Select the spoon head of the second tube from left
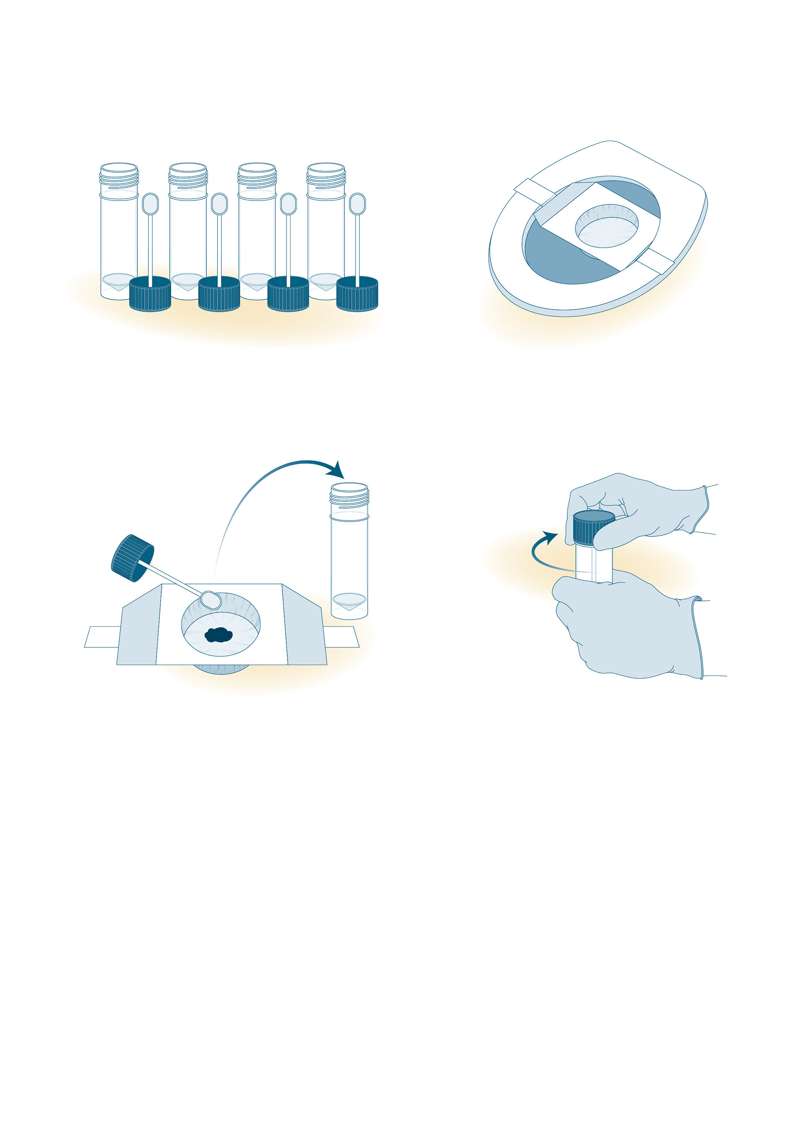pos(219,204)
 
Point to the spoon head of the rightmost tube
pos(357,204)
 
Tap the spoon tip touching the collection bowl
pos(211,600)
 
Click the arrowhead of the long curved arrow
pos(337,470)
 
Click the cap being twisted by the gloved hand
pos(593,528)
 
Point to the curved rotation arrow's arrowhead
pos(550,537)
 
